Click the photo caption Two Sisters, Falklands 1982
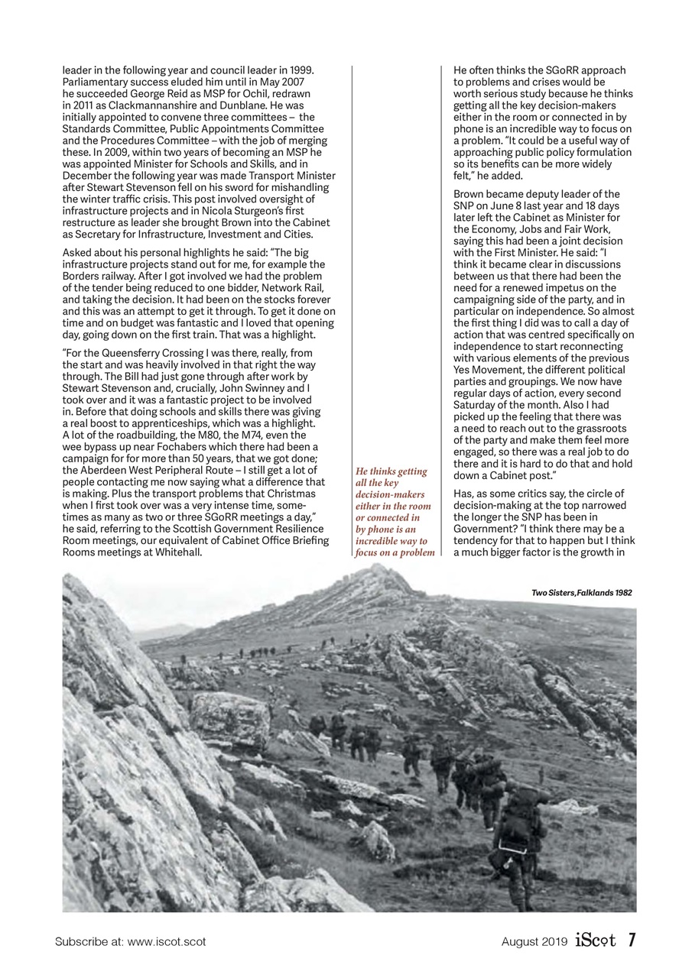(581, 593)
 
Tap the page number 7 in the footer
(632, 941)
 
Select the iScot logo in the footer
(598, 941)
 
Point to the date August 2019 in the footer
(534, 942)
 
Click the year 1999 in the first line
(302, 70)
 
